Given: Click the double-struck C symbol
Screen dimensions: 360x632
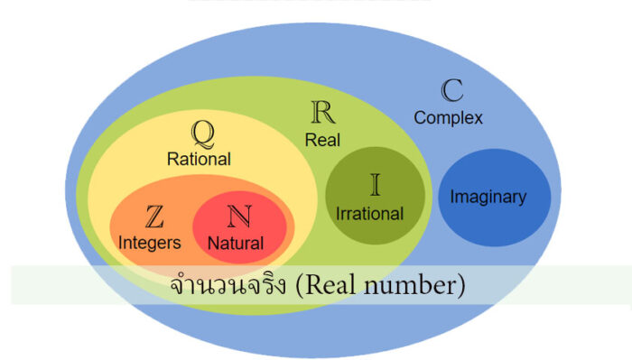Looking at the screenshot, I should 451,91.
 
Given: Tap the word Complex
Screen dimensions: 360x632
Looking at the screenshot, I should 448,117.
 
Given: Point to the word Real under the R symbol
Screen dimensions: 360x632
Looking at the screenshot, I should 321,139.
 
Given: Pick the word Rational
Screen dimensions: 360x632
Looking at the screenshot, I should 200,159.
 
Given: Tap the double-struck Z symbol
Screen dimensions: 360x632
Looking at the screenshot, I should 153,217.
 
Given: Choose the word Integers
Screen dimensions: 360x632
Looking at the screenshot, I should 150,242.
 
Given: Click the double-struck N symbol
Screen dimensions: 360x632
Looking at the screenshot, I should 237,217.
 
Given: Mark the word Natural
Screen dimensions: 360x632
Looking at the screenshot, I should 236,243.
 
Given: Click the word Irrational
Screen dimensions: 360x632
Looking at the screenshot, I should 369,215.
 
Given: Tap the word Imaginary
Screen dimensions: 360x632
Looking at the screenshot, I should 488,197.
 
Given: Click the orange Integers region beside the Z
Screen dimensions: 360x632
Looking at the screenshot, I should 126,221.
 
